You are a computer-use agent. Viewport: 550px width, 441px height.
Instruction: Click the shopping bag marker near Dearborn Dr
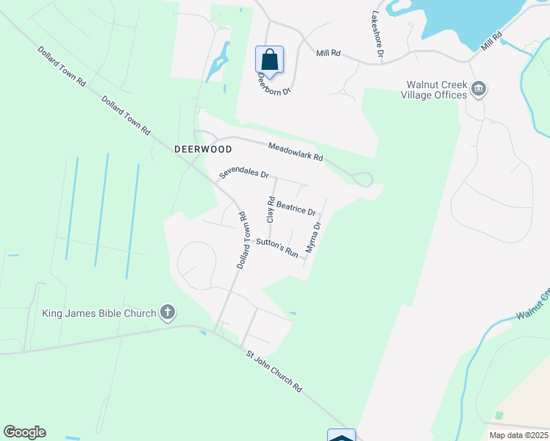[270, 60]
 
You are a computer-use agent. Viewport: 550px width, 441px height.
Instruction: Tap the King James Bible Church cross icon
[168, 313]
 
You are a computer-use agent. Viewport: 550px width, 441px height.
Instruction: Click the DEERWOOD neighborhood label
[203, 148]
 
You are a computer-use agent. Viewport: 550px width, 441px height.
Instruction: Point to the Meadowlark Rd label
[296, 152]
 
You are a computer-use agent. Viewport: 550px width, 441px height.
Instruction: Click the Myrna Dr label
[313, 237]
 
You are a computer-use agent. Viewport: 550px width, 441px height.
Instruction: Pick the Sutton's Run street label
[276, 248]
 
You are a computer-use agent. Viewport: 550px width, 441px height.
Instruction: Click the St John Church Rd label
[274, 371]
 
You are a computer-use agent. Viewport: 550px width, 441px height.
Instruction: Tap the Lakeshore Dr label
[377, 34]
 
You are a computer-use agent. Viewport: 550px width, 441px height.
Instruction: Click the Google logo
[24, 432]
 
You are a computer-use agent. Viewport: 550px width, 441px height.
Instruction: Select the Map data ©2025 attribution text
[518, 435]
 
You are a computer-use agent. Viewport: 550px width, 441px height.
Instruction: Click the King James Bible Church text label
[99, 313]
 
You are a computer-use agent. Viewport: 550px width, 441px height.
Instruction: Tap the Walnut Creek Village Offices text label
[434, 90]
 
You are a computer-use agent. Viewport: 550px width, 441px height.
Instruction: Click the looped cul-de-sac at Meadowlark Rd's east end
[362, 179]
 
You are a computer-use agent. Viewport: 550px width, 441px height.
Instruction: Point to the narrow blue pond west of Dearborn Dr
[218, 61]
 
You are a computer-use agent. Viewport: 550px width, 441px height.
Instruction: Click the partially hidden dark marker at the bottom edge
[341, 435]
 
